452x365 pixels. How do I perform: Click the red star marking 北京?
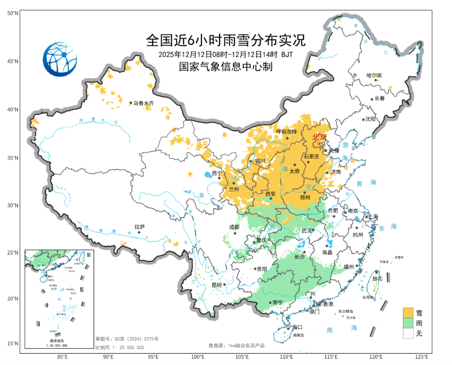(320, 144)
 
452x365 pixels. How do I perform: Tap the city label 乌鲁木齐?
(144, 103)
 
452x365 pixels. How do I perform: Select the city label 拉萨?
(139, 226)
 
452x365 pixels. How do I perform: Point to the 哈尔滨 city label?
(374, 75)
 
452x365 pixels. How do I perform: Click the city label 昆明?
(217, 285)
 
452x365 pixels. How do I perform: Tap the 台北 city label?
(378, 278)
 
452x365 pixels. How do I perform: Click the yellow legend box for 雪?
(408, 313)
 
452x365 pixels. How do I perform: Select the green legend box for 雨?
(408, 323)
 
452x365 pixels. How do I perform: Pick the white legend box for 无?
(408, 333)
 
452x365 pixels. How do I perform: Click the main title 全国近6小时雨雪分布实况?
(226, 41)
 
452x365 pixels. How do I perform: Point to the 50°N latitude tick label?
(13, 14)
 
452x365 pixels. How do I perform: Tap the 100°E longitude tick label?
(198, 357)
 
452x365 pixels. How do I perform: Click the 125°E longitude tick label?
(421, 357)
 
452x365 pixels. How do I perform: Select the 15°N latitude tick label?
(13, 344)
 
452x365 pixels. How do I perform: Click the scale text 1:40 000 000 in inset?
(56, 345)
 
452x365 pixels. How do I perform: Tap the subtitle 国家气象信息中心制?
(226, 66)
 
